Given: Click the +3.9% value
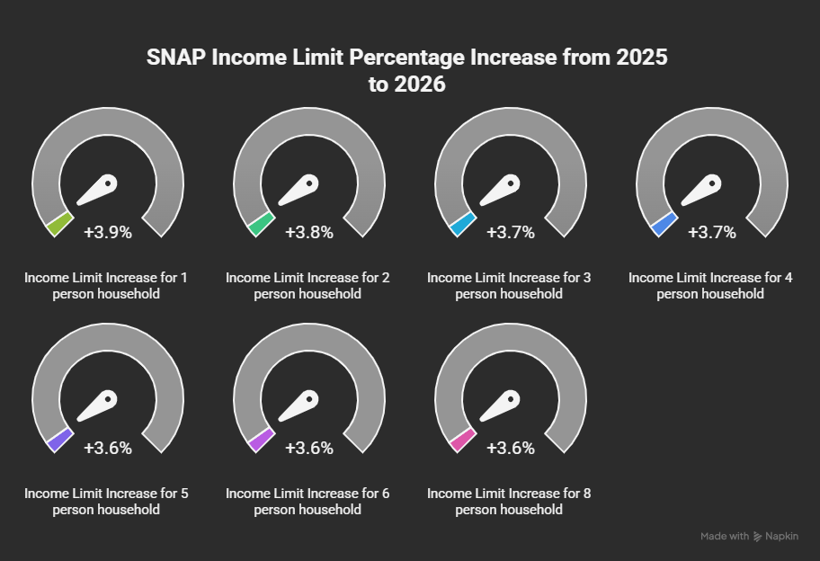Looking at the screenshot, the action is coord(108,232).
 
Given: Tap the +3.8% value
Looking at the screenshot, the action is coord(309,232).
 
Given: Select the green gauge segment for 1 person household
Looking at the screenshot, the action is coord(59,224).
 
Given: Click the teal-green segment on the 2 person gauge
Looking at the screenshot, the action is coord(261,224).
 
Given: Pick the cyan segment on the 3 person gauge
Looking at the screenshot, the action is coord(463,224).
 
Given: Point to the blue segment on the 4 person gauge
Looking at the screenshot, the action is coord(664,224).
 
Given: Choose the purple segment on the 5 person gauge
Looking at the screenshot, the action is coord(59,440).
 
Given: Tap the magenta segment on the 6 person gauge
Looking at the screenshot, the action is coord(261,440).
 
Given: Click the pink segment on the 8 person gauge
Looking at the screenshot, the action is coord(463,440).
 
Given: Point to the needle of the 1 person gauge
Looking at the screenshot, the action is coord(98,190).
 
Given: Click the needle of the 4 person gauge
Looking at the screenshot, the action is coord(702,190).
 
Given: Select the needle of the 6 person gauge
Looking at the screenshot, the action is coord(299,405).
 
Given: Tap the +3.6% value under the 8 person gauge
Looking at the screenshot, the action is coord(511,448).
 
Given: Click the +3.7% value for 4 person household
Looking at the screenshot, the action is coord(712,232).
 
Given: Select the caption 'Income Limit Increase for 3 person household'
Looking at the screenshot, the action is coord(509,286).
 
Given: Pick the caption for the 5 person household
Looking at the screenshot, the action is coord(106,502).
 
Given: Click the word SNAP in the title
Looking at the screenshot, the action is coord(175,57).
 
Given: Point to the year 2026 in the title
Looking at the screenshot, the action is coord(419,85).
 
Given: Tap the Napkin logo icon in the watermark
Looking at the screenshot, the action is coord(758,537).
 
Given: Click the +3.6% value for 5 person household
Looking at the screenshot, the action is coord(108,448).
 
